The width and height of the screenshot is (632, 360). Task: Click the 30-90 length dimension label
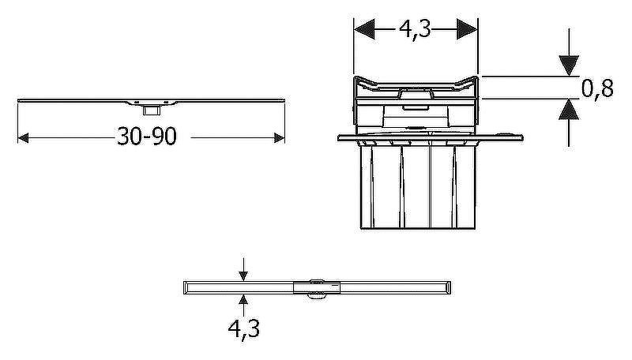pos(147,136)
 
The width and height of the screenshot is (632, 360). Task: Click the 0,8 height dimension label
pos(597,88)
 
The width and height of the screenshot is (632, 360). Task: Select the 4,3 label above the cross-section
pos(416,29)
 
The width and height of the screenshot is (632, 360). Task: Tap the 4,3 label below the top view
pos(244,329)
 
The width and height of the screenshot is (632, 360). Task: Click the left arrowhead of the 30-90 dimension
pos(24,138)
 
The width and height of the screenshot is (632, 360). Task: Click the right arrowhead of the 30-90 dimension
pos(280,138)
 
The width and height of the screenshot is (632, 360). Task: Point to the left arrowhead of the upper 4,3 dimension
pos(364,29)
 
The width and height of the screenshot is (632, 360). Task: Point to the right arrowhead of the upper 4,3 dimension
pos(467,29)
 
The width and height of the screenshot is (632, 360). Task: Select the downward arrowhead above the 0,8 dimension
pos(569,66)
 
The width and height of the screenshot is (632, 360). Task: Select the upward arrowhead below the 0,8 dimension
pos(569,109)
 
